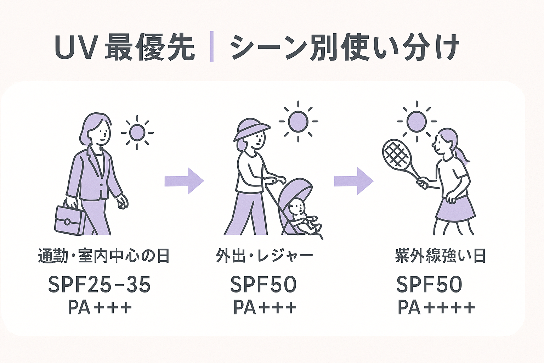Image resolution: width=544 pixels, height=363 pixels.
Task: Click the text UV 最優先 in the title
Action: [125, 47]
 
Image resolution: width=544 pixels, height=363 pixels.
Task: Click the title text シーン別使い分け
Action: [344, 47]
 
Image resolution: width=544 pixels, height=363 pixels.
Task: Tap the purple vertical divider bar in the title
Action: [212, 47]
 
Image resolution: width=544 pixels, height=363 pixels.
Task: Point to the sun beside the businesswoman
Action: [137, 133]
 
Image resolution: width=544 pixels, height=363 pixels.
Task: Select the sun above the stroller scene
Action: [298, 121]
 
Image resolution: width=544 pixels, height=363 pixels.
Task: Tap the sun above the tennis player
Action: [416, 121]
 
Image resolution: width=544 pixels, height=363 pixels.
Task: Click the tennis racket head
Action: [396, 153]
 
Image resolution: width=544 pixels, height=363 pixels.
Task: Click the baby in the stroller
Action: [301, 216]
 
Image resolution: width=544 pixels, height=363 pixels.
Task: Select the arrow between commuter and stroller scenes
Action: [184, 181]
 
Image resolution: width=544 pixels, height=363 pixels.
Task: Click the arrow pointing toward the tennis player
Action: [353, 181]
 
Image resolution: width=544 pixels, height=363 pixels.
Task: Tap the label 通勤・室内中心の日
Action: [104, 256]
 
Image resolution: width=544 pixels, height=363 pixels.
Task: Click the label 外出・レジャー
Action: [264, 256]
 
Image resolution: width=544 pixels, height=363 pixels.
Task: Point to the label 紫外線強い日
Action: [440, 256]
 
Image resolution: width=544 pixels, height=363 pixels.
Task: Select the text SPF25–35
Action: [100, 284]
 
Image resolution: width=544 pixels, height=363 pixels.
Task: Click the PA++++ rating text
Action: [436, 308]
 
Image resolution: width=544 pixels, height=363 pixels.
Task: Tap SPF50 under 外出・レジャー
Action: [263, 284]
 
